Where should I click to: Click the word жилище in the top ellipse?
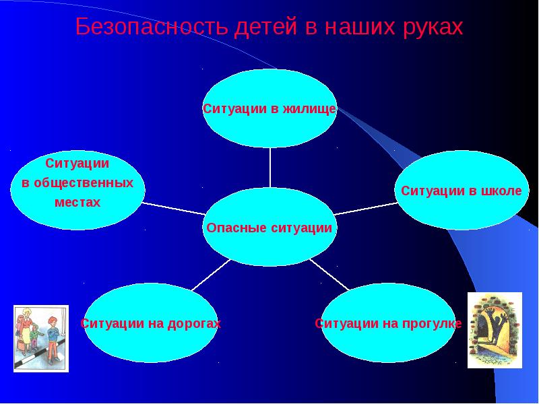(309, 109)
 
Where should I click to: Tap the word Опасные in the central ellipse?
(235, 228)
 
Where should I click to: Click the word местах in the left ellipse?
(77, 202)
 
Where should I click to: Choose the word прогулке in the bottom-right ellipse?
(431, 324)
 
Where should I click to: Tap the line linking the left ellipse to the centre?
(172, 206)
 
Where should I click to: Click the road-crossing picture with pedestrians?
(41, 338)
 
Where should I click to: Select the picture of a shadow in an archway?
(495, 330)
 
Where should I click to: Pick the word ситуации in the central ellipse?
(301, 228)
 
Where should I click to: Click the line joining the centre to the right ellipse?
(367, 207)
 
